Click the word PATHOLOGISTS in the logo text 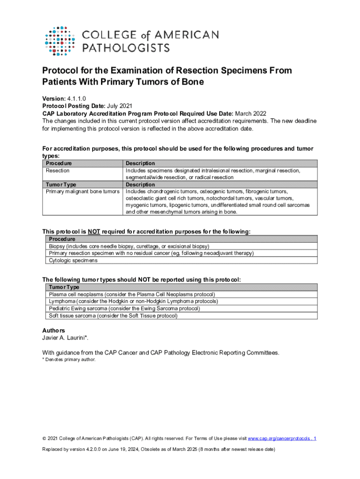(x=126, y=48)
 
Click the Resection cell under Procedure (x=58, y=171)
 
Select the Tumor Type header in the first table (x=61, y=184)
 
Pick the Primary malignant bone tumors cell (x=82, y=191)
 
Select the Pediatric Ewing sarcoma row (x=124, y=308)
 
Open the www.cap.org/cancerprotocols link (x=279, y=438)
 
